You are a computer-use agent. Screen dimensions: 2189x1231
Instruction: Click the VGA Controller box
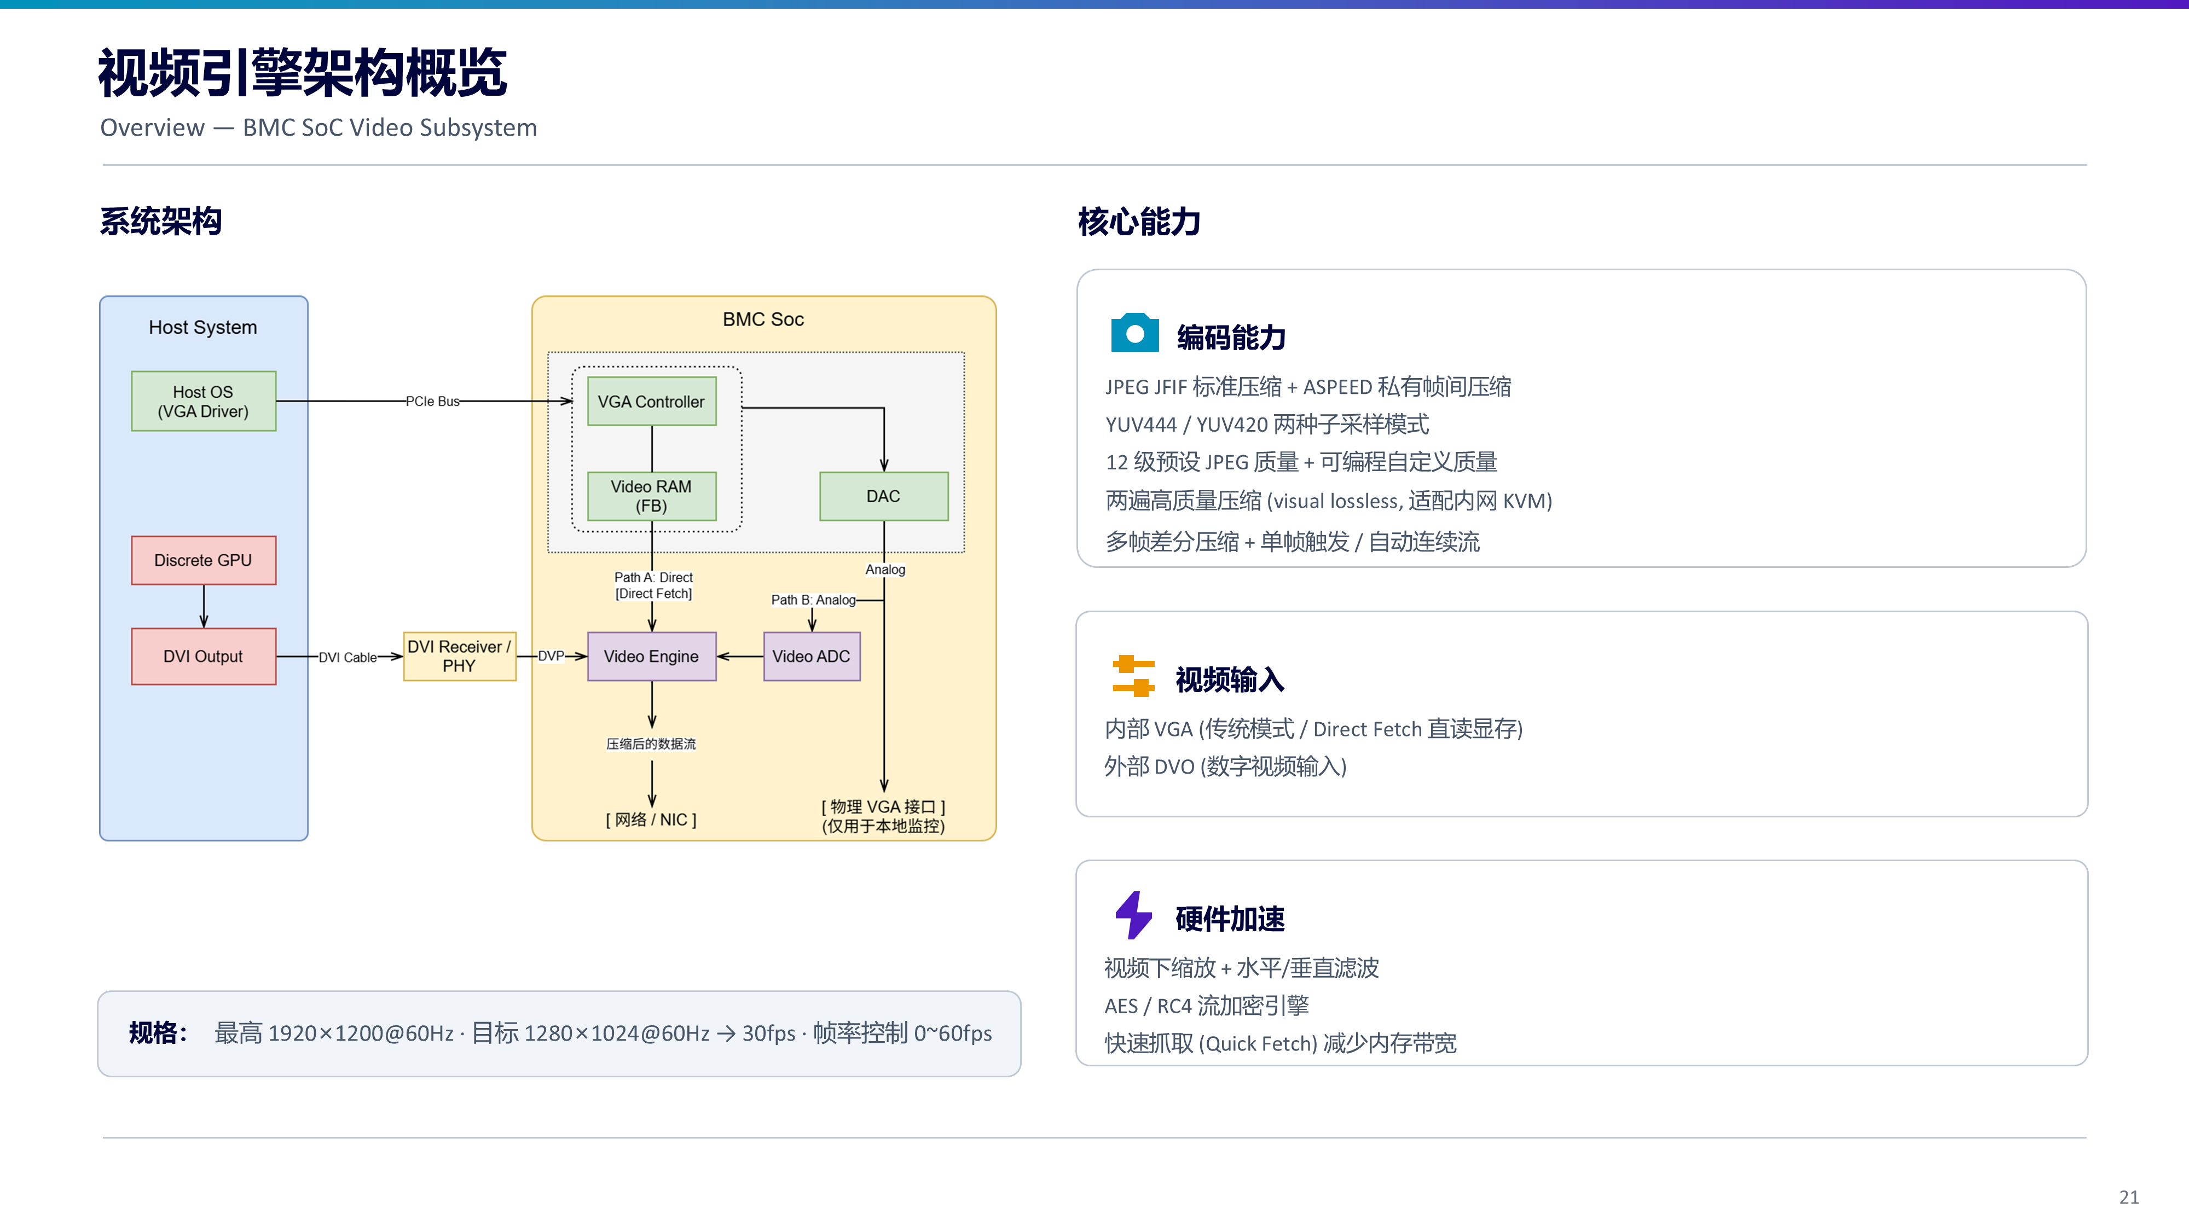pos(652,401)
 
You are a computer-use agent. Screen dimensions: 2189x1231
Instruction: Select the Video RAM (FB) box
pos(652,496)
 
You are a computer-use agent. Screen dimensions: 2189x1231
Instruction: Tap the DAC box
pos(884,496)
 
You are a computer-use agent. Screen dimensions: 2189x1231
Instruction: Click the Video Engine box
pos(652,657)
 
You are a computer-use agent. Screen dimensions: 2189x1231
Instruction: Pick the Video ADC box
pos(812,657)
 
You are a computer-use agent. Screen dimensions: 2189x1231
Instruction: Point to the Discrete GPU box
pos(204,561)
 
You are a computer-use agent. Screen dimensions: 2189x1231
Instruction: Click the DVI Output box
pos(204,657)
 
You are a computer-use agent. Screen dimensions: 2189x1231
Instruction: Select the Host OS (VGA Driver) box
pos(204,401)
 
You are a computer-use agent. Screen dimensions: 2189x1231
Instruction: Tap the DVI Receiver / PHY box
pos(460,657)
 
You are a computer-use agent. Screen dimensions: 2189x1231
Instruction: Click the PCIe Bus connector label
pos(432,401)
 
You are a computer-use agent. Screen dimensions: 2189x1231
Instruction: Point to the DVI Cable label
pos(348,658)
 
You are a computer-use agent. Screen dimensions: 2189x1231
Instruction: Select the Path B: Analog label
pos(813,600)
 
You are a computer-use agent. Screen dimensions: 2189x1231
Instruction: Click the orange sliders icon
pos(1133,676)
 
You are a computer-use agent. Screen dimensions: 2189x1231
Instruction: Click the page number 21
pos(2129,1197)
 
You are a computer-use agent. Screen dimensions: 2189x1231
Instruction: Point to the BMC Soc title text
pos(763,320)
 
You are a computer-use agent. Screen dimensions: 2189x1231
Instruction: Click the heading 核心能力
pos(1139,222)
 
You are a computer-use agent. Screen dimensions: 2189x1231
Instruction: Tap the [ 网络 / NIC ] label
pos(651,820)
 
